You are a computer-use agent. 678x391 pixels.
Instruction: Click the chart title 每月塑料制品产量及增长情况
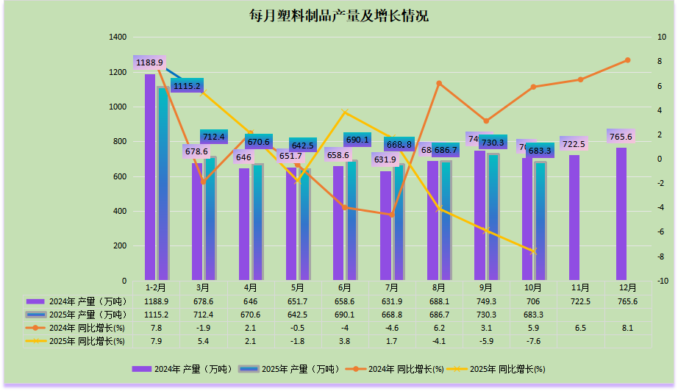[339, 16]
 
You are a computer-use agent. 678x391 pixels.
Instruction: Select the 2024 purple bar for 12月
[621, 213]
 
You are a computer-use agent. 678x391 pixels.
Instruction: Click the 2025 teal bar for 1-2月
[163, 184]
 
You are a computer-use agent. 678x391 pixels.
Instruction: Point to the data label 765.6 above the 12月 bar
[621, 137]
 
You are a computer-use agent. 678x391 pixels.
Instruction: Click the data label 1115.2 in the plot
[187, 86]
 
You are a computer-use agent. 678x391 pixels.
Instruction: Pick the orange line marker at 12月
[627, 60]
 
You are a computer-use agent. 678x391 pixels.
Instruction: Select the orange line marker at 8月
[439, 84]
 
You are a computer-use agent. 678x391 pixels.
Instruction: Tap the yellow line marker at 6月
[345, 112]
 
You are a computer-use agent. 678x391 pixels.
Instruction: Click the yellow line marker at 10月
[534, 251]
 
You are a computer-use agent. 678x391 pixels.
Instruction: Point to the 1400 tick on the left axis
[117, 37]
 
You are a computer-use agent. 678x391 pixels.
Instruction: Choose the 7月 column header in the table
[391, 287]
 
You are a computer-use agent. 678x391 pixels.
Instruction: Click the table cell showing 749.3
[486, 301]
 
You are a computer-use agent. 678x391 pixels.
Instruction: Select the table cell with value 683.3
[533, 314]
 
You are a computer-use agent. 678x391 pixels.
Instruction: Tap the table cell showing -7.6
[533, 340]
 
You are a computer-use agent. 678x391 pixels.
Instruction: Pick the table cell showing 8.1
[627, 327]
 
